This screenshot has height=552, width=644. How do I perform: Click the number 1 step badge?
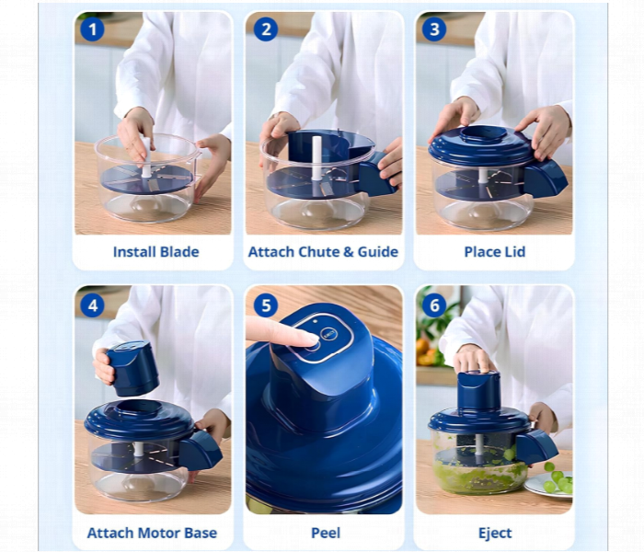coord(92,29)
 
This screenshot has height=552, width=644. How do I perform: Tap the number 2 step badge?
coord(266,29)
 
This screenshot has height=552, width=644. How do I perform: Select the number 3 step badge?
coord(434,29)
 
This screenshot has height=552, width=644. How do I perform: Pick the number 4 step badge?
coord(93,305)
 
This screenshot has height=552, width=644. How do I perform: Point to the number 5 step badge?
coord(266,305)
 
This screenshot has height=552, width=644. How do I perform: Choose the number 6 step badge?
coord(434,305)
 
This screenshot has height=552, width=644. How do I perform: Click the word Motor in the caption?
coord(159,533)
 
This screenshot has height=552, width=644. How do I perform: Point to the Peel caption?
coord(326,533)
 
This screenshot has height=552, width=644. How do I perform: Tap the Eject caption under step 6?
coord(495,533)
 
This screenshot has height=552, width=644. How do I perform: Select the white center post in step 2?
coord(316,158)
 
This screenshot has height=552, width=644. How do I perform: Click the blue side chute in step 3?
coord(546,178)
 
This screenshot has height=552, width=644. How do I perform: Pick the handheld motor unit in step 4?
coord(132,368)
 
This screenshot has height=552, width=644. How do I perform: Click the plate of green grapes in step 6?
coord(549,484)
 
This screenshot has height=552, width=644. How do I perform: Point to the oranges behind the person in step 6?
coord(425,352)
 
